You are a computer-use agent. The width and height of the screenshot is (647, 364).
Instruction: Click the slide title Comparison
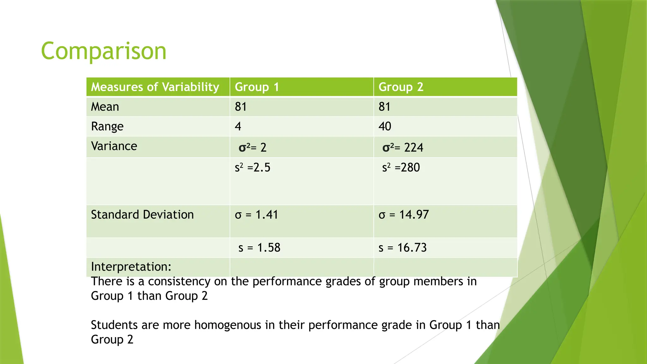(104, 51)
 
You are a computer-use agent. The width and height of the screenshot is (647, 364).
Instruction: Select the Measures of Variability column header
(155, 87)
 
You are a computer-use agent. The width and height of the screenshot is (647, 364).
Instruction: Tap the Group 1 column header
(257, 87)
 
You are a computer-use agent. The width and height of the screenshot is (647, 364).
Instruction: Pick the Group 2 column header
(401, 87)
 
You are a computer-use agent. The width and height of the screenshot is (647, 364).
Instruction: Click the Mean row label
(105, 107)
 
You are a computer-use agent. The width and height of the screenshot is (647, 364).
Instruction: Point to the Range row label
(107, 126)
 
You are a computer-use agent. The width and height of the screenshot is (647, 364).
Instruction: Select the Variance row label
(114, 146)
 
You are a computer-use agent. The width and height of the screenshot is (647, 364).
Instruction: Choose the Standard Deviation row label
(142, 215)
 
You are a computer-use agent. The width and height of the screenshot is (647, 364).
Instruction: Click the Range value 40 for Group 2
(385, 126)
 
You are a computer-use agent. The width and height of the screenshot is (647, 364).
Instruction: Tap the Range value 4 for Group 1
(238, 126)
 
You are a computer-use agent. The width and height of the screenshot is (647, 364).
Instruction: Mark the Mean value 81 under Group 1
(241, 107)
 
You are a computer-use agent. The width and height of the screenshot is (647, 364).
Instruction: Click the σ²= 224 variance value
(402, 148)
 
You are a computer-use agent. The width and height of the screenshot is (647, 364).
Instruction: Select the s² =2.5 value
(252, 167)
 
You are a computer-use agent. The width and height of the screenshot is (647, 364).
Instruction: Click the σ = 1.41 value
(256, 215)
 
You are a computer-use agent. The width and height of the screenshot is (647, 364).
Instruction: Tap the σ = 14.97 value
(403, 215)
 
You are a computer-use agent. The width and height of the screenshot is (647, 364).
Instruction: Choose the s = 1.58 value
(259, 248)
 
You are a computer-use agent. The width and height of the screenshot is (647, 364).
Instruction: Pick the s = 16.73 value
(402, 248)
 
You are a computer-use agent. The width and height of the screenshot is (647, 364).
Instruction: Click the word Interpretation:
(131, 267)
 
